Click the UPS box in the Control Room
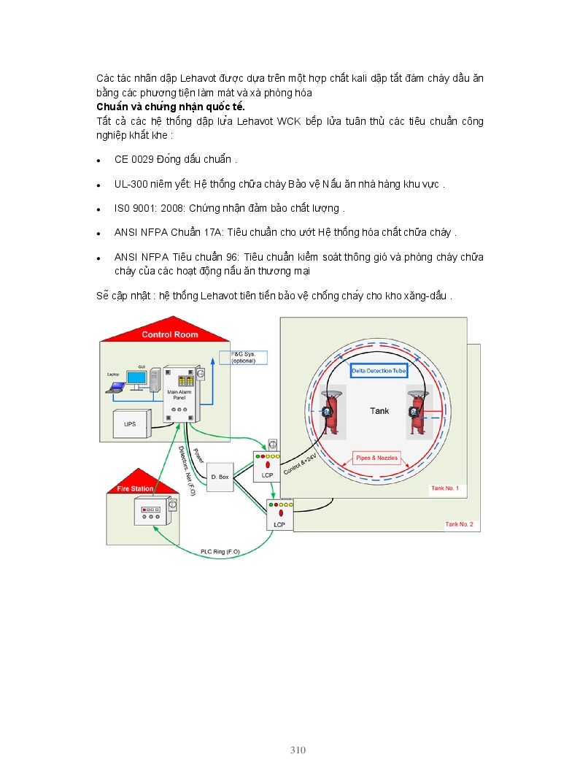click(129, 423)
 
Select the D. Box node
click(220, 477)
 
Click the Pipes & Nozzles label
click(376, 458)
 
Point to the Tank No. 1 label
click(445, 488)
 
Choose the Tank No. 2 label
click(459, 524)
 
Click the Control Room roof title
click(169, 335)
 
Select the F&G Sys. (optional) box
click(244, 358)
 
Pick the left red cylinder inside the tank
click(330, 415)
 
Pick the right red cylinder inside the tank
click(418, 415)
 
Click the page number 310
click(298, 750)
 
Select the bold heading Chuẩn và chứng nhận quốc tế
click(170, 107)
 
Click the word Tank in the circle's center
click(379, 411)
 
